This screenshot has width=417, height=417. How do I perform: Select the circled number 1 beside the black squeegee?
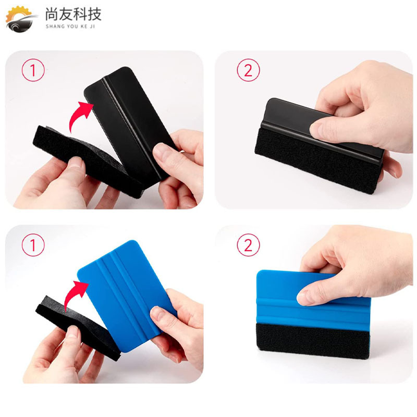(x=34, y=70)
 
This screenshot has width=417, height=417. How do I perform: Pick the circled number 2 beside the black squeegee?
(x=248, y=70)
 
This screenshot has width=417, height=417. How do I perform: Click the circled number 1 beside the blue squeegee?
(x=34, y=245)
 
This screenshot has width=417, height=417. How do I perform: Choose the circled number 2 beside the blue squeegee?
(x=248, y=245)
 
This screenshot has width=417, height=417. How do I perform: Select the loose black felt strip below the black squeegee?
(x=78, y=156)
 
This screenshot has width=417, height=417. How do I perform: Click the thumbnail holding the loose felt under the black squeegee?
(x=76, y=163)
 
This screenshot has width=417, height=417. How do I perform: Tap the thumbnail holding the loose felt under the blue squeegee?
(x=73, y=334)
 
